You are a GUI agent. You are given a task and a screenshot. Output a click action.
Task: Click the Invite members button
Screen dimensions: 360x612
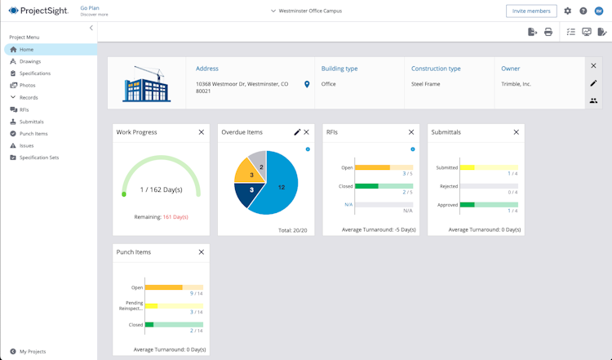click(x=531, y=11)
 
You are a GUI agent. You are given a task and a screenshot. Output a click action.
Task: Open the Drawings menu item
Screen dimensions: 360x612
click(x=30, y=61)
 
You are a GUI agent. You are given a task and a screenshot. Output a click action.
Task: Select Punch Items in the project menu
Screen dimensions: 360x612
click(x=33, y=133)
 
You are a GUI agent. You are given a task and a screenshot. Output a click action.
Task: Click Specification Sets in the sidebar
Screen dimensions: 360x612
click(x=38, y=158)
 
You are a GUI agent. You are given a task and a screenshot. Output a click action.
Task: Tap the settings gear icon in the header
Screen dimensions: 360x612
click(x=568, y=11)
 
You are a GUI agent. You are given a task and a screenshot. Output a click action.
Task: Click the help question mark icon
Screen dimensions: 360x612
click(x=583, y=11)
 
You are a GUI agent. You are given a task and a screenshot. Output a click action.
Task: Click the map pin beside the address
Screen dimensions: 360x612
click(x=307, y=84)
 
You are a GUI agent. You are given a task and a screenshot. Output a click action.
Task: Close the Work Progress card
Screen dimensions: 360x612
click(x=202, y=132)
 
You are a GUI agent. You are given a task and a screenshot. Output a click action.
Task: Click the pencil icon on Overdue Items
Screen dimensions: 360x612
click(x=297, y=132)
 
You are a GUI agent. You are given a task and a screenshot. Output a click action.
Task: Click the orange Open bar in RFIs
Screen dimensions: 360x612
click(x=373, y=167)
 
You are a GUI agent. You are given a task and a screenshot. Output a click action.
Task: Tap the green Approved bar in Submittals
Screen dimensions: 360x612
click(x=468, y=205)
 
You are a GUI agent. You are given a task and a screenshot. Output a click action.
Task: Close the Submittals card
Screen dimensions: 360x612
click(x=516, y=132)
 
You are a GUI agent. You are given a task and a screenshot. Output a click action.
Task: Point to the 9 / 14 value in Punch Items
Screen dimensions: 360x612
click(x=197, y=293)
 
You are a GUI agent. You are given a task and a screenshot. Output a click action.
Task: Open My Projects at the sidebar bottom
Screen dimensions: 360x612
click(x=33, y=351)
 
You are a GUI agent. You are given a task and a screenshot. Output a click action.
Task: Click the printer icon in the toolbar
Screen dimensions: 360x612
click(x=548, y=32)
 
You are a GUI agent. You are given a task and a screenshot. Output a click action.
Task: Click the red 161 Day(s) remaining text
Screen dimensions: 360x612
click(x=175, y=217)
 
